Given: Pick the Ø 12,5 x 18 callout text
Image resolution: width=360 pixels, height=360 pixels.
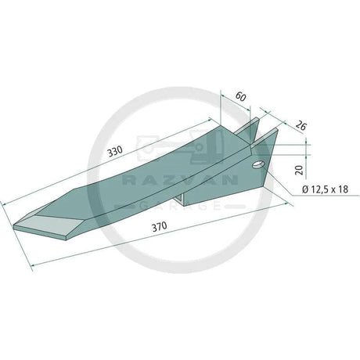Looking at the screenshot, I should point(323,189).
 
